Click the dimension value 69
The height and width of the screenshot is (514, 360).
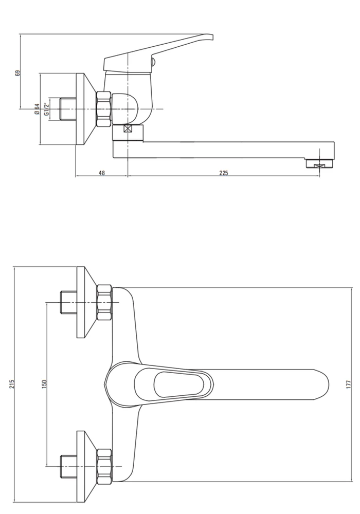(18, 73)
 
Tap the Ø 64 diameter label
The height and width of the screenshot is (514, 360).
(37, 109)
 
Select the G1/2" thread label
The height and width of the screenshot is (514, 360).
(47, 109)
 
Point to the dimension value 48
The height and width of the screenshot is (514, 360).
(102, 173)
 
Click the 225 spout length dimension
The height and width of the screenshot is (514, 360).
(223, 173)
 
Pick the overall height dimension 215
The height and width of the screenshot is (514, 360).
(12, 384)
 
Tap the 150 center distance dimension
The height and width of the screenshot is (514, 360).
(44, 384)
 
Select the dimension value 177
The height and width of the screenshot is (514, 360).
(348, 384)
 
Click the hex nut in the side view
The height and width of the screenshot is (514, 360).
(104, 109)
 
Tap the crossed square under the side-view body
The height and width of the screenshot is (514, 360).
(128, 128)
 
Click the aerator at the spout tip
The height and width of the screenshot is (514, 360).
(320, 163)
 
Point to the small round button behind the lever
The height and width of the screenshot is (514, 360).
(153, 62)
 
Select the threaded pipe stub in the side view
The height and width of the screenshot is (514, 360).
(68, 108)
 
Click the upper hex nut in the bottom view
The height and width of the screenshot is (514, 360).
(104, 302)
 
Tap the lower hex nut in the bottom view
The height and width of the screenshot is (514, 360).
(104, 466)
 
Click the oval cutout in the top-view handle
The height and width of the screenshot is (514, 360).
(178, 384)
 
